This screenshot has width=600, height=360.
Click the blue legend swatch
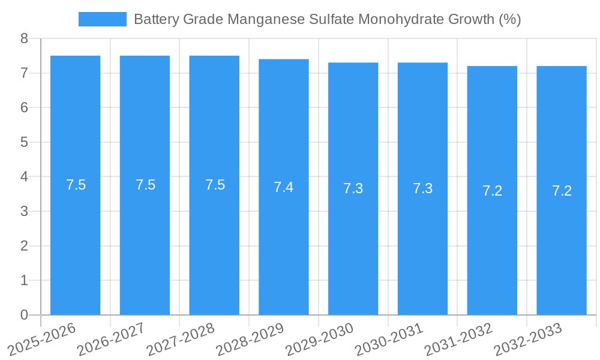tap(102, 19)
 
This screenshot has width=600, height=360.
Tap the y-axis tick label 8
tap(24, 39)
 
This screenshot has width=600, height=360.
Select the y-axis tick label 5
tap(24, 143)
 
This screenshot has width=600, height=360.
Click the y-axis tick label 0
tap(24, 315)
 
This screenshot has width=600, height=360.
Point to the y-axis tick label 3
tap(24, 212)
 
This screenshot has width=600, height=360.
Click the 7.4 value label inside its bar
tap(283, 187)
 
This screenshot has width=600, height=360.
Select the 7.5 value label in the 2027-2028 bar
tap(215, 185)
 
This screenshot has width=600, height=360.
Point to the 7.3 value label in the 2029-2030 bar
tap(353, 188)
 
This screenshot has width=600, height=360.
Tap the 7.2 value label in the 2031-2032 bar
tap(492, 191)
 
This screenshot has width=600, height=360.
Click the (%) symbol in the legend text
tap(509, 19)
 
